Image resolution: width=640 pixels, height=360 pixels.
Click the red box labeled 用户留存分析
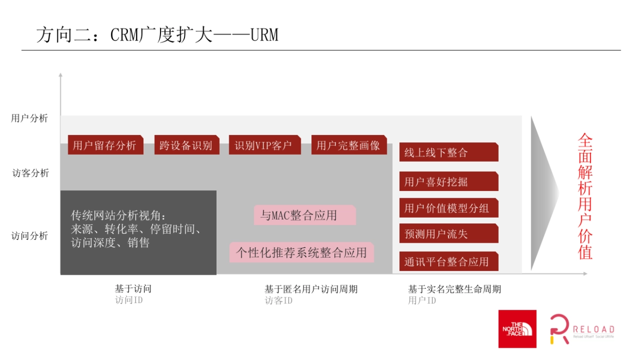106,145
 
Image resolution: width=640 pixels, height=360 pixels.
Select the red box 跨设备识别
187,145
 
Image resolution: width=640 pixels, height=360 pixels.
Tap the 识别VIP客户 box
264,145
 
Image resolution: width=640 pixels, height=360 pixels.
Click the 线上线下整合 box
449,153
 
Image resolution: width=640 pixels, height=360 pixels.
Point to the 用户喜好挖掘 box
449,181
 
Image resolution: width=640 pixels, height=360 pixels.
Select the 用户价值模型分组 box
449,207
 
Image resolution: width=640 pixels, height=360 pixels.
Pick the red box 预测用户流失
449,234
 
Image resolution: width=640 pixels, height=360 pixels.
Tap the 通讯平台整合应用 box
449,261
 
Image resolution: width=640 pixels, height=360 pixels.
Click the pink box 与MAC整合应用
305,215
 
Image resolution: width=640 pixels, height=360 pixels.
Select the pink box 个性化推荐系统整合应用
302,252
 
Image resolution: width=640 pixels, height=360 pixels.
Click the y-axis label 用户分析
30,118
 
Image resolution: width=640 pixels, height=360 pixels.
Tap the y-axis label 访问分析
30,236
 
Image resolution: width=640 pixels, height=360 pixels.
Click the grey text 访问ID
129,300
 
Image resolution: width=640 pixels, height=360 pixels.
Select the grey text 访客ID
279,301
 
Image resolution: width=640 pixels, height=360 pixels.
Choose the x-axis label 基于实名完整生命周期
454,289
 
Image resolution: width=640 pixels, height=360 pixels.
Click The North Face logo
517,329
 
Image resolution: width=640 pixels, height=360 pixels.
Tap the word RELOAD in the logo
593,329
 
